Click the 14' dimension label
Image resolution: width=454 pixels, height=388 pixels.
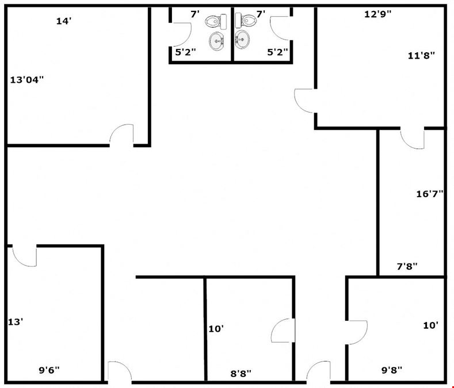[x=64, y=21]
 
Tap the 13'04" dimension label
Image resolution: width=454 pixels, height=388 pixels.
[x=26, y=79]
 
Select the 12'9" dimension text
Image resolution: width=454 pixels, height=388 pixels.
[x=377, y=14]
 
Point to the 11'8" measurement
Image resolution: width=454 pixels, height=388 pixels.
[x=421, y=55]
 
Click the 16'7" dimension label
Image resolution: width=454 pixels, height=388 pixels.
[x=430, y=194]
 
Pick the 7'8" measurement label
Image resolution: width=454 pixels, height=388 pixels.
[x=407, y=266]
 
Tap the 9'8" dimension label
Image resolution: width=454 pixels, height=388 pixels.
[x=392, y=370]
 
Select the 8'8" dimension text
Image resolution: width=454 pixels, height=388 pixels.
[x=241, y=374]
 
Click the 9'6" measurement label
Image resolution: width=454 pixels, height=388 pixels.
[x=49, y=370]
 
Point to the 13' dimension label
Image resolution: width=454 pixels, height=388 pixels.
[x=16, y=322]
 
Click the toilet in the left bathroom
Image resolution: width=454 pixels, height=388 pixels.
[x=216, y=21]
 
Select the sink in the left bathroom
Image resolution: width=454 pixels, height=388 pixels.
[x=216, y=41]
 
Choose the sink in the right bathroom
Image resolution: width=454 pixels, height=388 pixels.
[x=242, y=39]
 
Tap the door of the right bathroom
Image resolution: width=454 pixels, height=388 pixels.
[x=281, y=28]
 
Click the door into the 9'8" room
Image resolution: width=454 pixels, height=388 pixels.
[x=357, y=332]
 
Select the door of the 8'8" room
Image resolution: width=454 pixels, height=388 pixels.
[x=283, y=331]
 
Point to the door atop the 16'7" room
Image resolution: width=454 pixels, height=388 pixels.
[x=413, y=139]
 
